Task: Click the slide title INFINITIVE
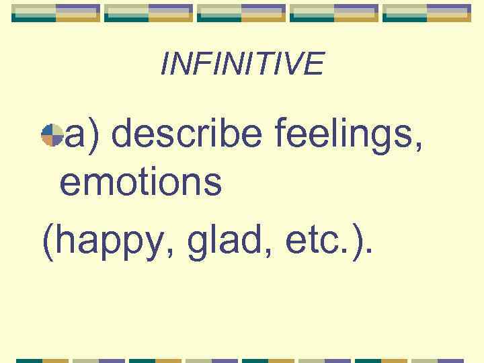(x=242, y=64)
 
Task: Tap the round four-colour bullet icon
(x=52, y=136)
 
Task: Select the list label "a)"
(x=82, y=134)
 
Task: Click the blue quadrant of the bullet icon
(x=47, y=131)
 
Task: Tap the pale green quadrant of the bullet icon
(x=57, y=131)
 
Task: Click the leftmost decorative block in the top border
(x=56, y=13)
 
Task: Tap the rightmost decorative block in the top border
(x=427, y=13)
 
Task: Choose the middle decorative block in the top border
(x=241, y=13)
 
